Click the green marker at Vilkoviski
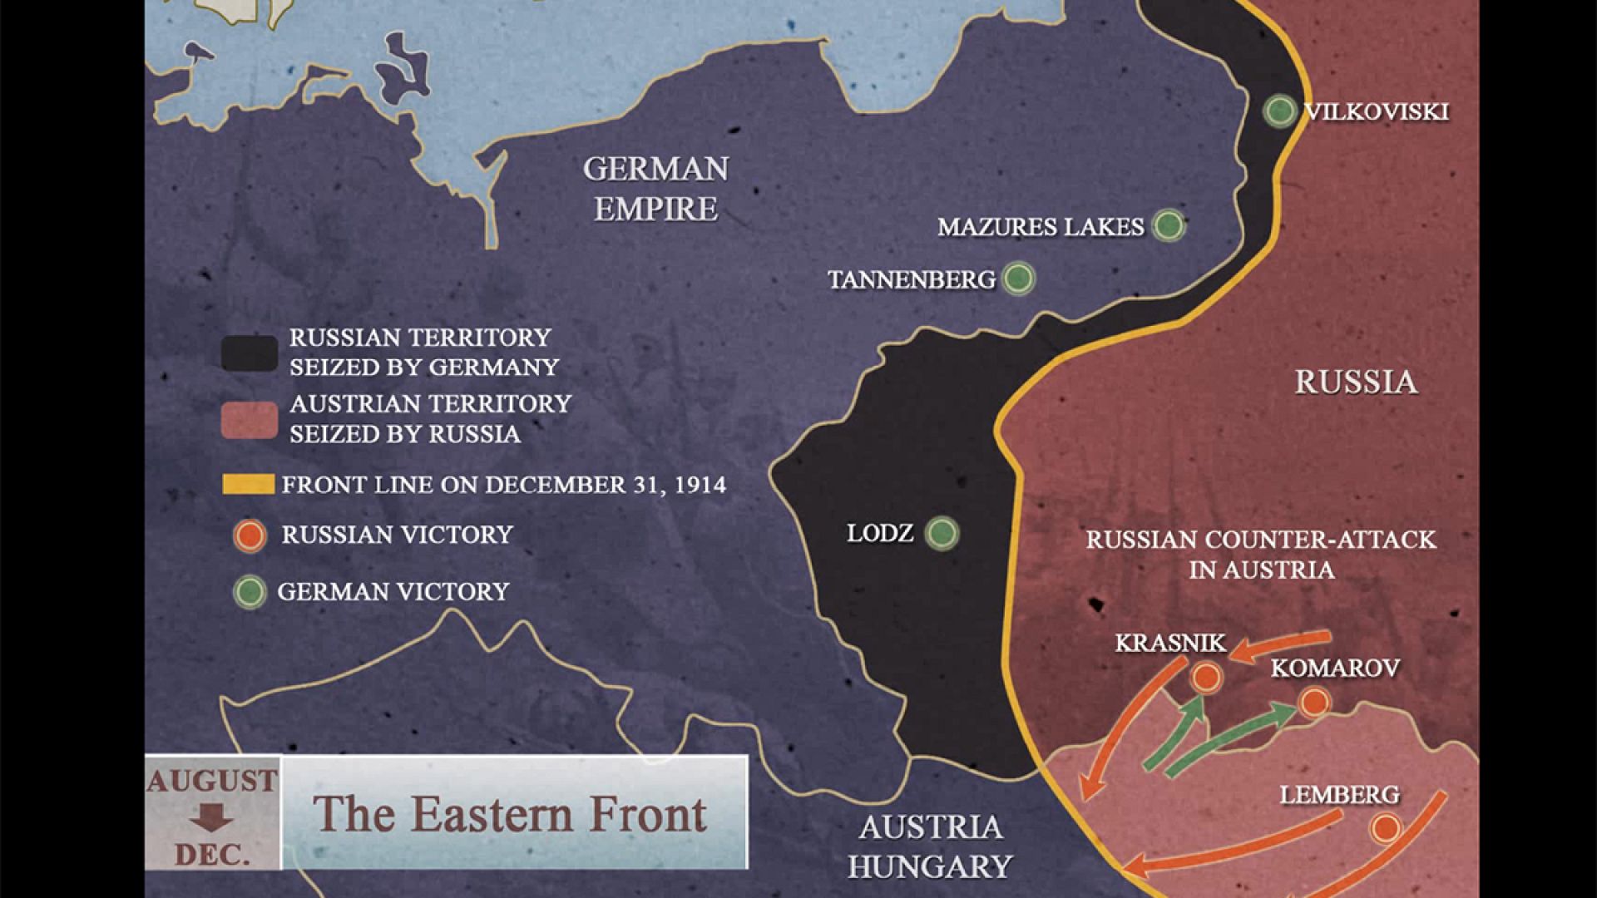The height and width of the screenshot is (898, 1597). pos(1279,111)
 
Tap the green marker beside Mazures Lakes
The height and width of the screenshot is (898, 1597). pos(1168,225)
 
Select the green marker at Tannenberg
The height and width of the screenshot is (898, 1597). pos(1018,279)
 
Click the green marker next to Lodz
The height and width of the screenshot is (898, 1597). pos(942,532)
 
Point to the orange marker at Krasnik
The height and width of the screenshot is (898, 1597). pos(1205,677)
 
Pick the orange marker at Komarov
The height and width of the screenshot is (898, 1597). pos(1313,703)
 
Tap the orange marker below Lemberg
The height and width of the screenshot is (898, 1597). pos(1385,828)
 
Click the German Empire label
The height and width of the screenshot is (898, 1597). pos(655,189)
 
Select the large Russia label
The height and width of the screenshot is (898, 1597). pos(1356,382)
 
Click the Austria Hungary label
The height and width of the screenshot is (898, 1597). pos(930,846)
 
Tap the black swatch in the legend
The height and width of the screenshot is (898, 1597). pos(250,353)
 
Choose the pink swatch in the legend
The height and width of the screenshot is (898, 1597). pos(250,419)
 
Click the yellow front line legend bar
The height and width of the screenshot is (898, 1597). pos(248,485)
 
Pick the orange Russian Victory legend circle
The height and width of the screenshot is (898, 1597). pos(250,536)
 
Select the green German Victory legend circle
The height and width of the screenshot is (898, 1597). pos(250,592)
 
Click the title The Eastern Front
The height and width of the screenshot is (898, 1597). pos(510,814)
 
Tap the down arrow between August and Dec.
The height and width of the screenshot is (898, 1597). pos(211,818)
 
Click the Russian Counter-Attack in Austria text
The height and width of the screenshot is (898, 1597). pos(1261,555)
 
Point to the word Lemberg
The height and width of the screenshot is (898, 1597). pos(1339,795)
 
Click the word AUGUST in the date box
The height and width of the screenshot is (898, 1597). pos(212,782)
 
